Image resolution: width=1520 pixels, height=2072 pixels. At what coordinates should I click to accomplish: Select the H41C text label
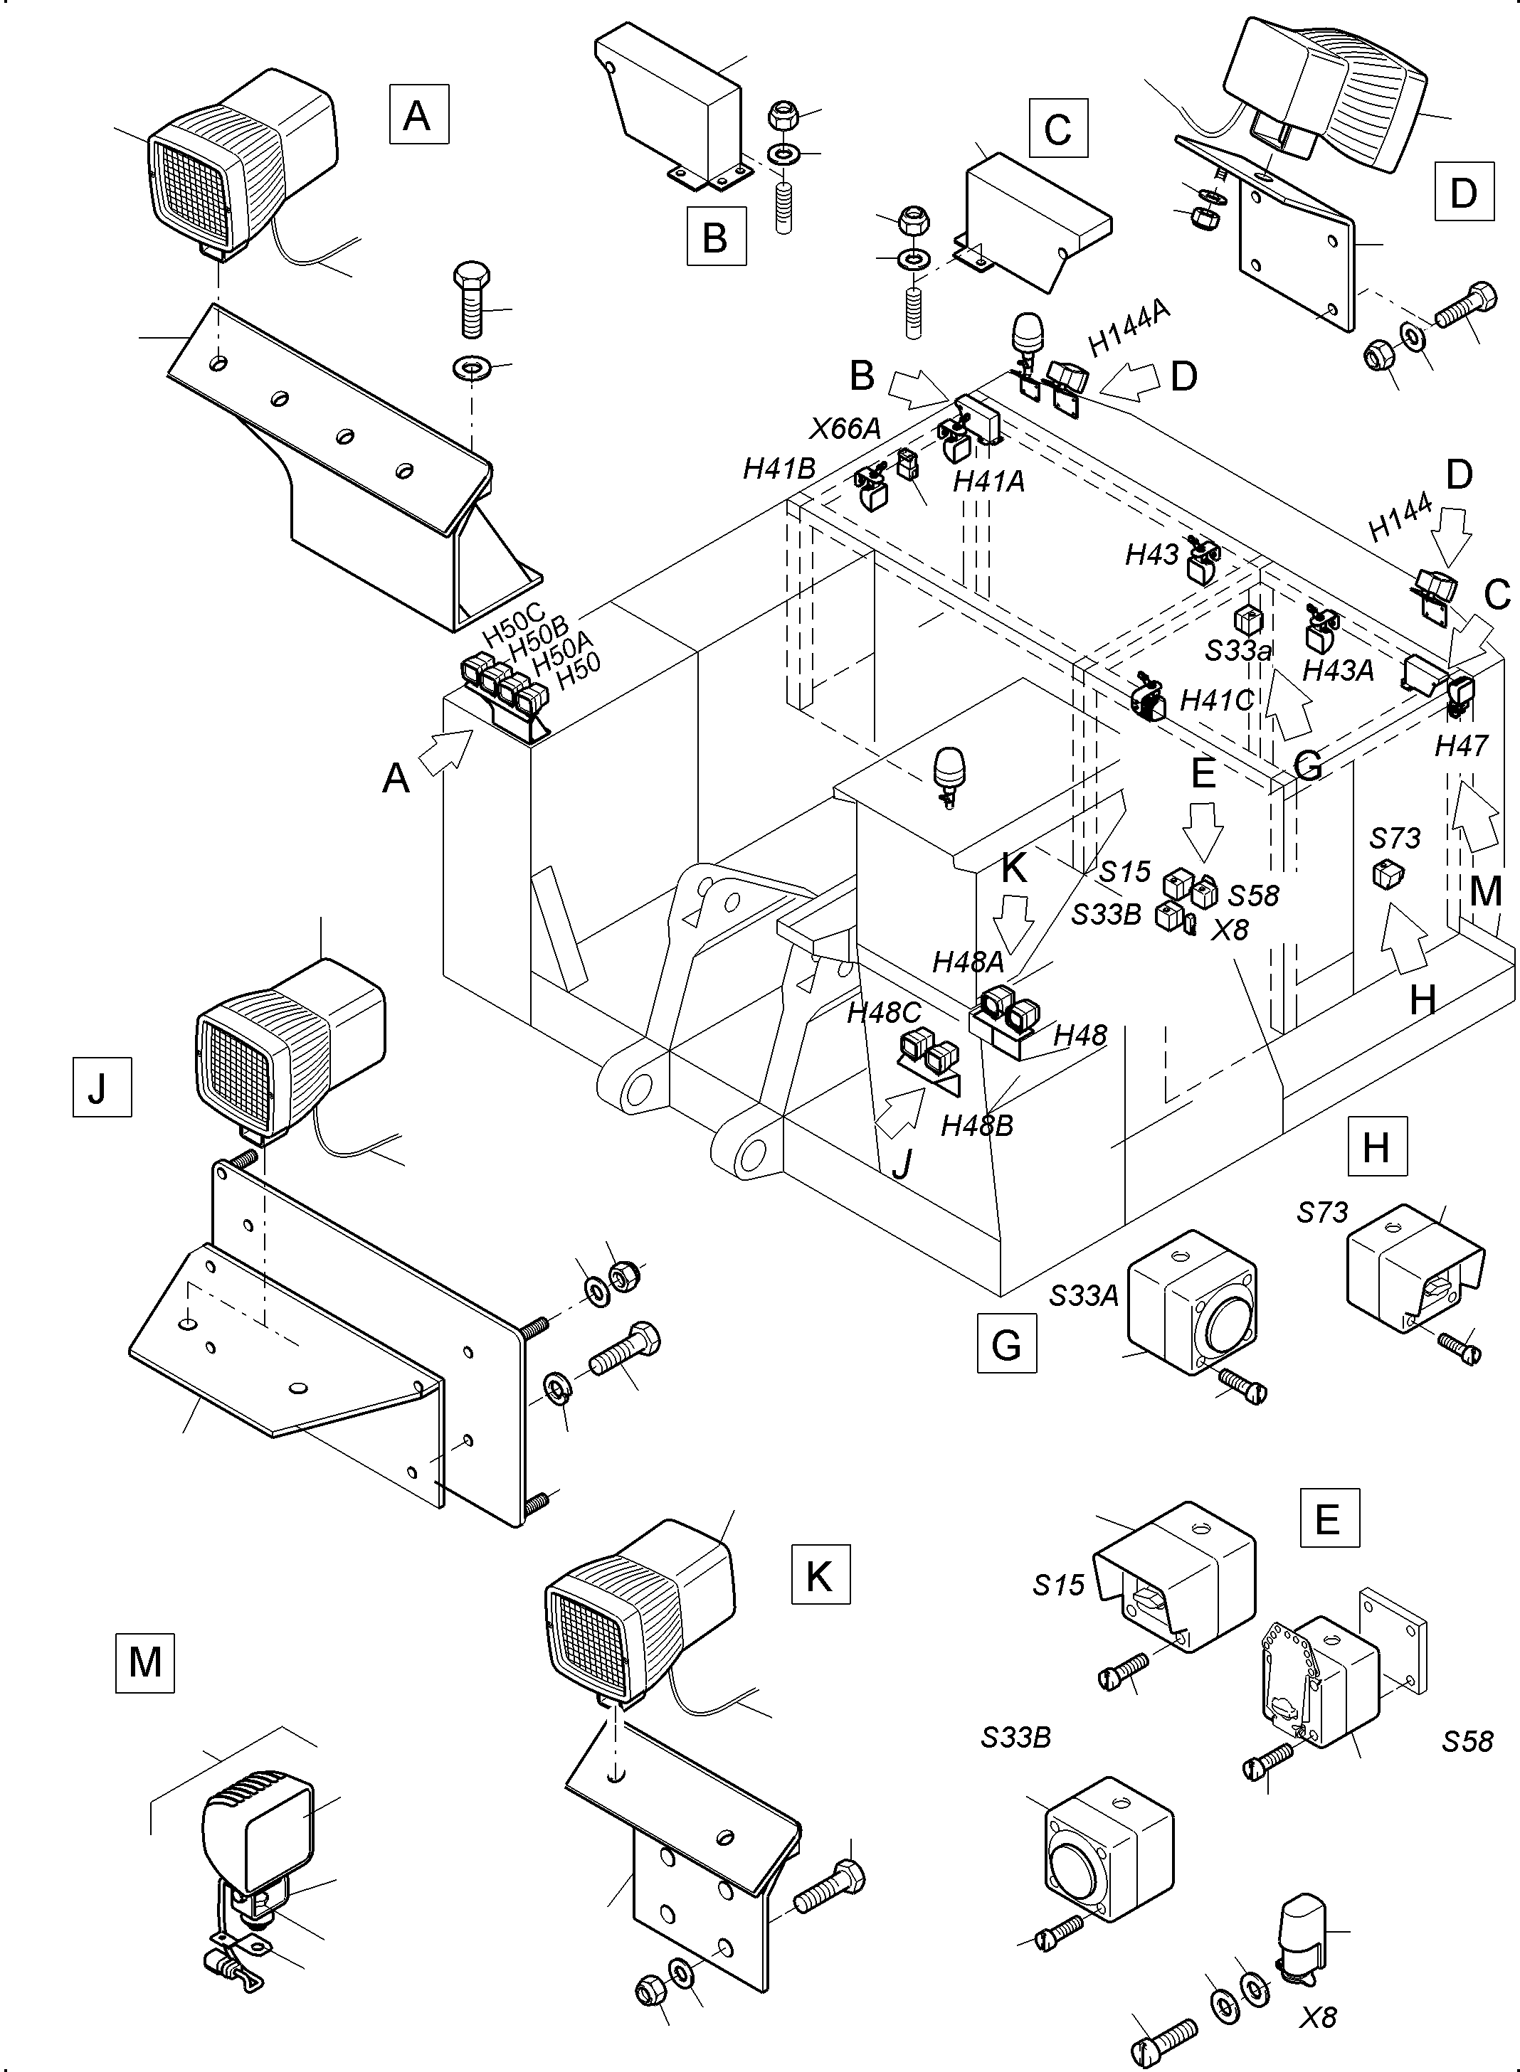1215,700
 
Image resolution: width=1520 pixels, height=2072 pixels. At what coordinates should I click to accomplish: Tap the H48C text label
883,1013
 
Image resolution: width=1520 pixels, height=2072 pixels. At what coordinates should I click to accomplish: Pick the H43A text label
1338,671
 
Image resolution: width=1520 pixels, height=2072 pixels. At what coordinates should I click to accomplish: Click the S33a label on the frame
1238,651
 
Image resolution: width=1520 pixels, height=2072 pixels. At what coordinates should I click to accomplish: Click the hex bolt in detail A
472,299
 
